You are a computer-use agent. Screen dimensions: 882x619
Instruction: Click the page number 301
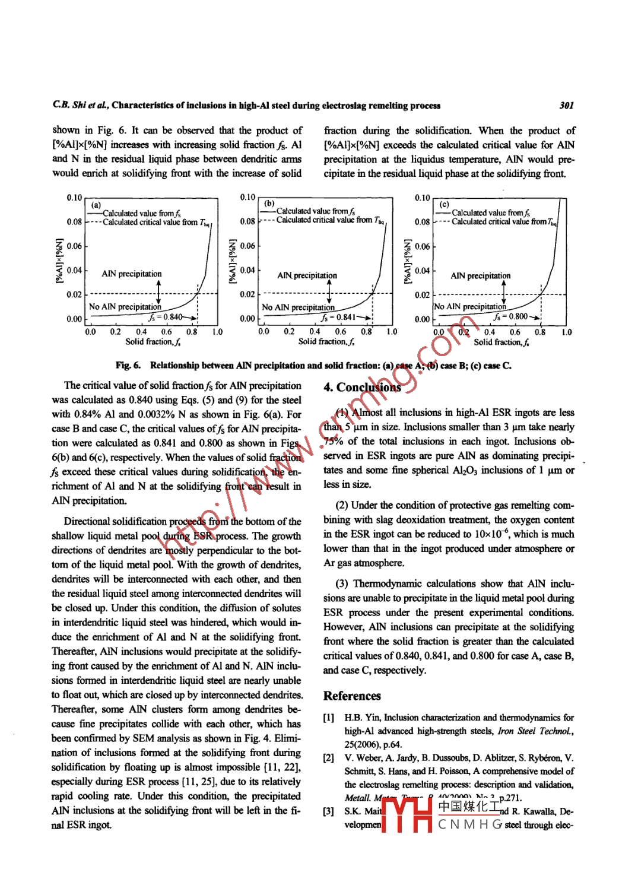(x=566, y=106)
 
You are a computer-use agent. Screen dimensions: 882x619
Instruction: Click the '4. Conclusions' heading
(x=362, y=388)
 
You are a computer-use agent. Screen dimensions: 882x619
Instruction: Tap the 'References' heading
(x=352, y=696)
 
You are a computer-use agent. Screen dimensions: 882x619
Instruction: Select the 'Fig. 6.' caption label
(x=128, y=366)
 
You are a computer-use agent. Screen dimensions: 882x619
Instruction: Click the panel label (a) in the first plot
(x=96, y=205)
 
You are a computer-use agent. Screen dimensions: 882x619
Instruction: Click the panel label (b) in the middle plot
(x=269, y=203)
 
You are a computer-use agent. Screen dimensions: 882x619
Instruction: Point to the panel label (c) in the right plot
(x=445, y=204)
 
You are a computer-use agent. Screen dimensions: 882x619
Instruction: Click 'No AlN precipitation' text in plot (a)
(x=125, y=307)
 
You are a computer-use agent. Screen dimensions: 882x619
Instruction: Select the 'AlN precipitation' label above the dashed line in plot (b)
(x=307, y=275)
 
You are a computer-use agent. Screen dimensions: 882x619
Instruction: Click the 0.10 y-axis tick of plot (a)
(x=74, y=198)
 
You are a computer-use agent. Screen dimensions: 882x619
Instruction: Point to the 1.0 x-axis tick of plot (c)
(x=566, y=332)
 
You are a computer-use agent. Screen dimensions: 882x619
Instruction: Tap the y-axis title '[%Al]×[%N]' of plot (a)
(x=59, y=261)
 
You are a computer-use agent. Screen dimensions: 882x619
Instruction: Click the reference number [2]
(x=328, y=758)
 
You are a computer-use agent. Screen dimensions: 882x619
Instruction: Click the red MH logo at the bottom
(x=407, y=815)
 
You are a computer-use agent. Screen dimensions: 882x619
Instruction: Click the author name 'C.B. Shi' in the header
(x=66, y=106)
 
